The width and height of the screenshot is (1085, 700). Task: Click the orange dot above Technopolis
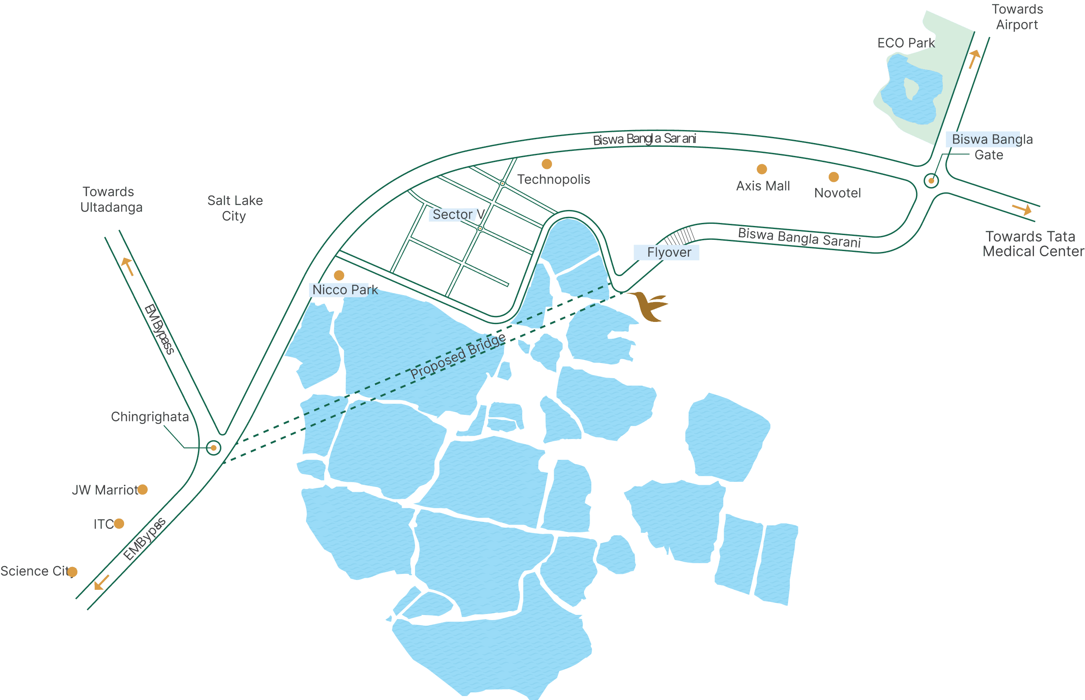pos(546,164)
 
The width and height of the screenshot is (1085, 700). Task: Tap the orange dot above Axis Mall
pos(762,169)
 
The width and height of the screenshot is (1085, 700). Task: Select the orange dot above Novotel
pos(833,177)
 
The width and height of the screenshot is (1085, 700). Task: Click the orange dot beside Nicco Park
pos(339,275)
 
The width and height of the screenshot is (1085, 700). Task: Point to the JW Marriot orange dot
pos(142,490)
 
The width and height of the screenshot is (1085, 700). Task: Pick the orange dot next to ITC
pos(119,524)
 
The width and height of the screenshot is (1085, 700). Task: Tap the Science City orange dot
pos(72,572)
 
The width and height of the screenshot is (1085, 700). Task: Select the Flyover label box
pos(666,252)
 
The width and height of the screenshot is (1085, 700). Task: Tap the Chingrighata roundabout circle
pos(213,448)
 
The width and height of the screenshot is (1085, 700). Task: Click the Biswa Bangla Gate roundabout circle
pos(931,181)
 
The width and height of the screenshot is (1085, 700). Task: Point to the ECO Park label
pos(906,43)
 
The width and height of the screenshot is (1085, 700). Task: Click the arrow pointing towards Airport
pos(973,59)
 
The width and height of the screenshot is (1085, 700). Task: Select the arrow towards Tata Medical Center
pos(1022,209)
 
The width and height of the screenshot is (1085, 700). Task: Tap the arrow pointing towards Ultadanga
pos(128,266)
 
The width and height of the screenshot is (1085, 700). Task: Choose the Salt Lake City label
pos(235,208)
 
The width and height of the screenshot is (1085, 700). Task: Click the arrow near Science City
pos(102,582)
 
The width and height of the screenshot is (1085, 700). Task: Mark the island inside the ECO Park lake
pos(911,88)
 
